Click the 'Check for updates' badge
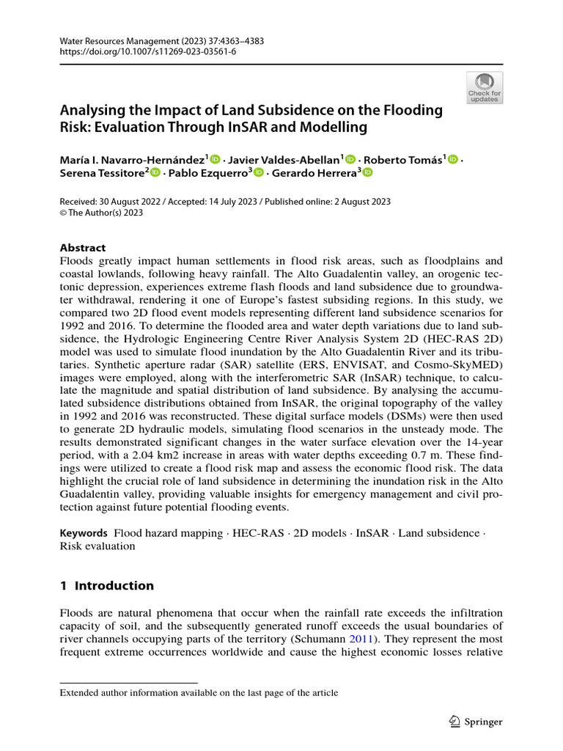pos(485,88)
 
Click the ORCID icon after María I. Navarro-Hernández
pos(216,158)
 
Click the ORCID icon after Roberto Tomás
pos(452,158)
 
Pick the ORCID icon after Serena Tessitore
pos(155,172)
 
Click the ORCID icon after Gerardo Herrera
pos(367,172)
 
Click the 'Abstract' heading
pos(82,248)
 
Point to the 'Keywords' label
pos(84,532)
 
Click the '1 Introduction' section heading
pos(106,585)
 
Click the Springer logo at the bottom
pos(476,722)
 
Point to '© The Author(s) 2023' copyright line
pos(101,213)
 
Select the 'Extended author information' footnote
pos(198,692)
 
